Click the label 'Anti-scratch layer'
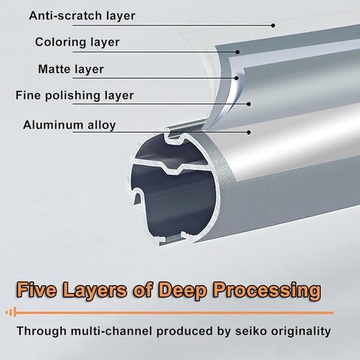pyautogui.click(x=82, y=15)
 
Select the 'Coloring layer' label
pyautogui.click(x=77, y=42)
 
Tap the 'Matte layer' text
pyautogui.click(x=71, y=69)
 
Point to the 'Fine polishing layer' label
pyautogui.click(x=75, y=95)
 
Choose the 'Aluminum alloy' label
pyautogui.click(x=69, y=125)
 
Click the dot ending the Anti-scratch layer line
pyautogui.click(x=273, y=25)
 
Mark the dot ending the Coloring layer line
pyautogui.click(x=238, y=52)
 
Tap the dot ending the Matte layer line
pyautogui.click(x=237, y=78)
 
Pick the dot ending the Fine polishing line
pyautogui.click(x=249, y=104)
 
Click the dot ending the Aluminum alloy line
pyautogui.click(x=249, y=132)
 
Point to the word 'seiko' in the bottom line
pyautogui.click(x=251, y=331)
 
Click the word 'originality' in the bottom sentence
pyautogui.click(x=301, y=331)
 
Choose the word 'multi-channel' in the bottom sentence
pyautogui.click(x=111, y=331)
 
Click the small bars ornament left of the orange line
pyautogui.click(x=11, y=313)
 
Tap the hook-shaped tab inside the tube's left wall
pyautogui.click(x=138, y=196)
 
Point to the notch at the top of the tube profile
pyautogui.click(x=175, y=136)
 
